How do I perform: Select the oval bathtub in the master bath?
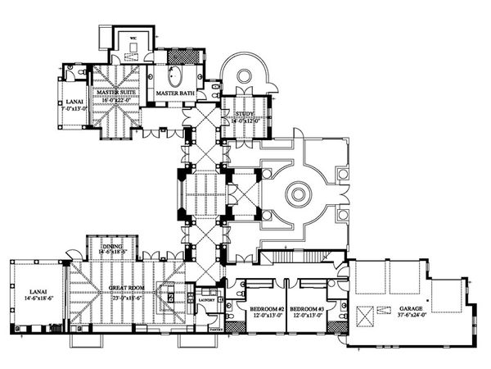click(x=173, y=79)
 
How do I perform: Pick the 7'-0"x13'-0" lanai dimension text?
click(x=73, y=107)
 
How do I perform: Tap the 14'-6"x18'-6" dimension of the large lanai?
click(x=37, y=298)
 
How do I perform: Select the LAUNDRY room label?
click(x=205, y=301)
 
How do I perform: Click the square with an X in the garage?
click(x=367, y=313)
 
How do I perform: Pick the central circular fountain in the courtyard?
click(x=298, y=194)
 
